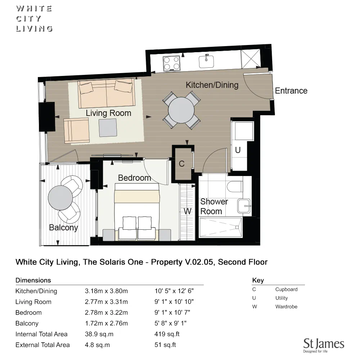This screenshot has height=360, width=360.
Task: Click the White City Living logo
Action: pos(34,18)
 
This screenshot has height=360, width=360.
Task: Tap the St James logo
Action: pos(324,345)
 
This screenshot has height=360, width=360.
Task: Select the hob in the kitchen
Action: pos(171,64)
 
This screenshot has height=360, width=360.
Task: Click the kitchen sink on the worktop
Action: pos(207,61)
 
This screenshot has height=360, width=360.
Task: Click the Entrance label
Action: pos(291,91)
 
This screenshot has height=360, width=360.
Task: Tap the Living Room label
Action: pos(108,113)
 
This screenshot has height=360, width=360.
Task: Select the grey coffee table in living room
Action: pos(108,128)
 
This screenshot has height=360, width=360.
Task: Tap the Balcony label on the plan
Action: pos(63,228)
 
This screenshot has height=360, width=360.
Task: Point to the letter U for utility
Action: pos(238,150)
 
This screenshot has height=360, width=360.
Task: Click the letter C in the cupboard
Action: pos(182,164)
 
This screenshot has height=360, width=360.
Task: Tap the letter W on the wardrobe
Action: pos(188,211)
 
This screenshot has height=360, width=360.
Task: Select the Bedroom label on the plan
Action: pos(134,178)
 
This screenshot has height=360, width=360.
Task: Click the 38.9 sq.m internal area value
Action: pos(99,334)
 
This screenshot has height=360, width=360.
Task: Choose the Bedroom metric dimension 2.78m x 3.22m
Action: pos(106,312)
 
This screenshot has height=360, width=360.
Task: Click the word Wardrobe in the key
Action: pos(286,307)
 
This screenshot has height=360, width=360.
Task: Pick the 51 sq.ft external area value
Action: pos(165,345)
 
